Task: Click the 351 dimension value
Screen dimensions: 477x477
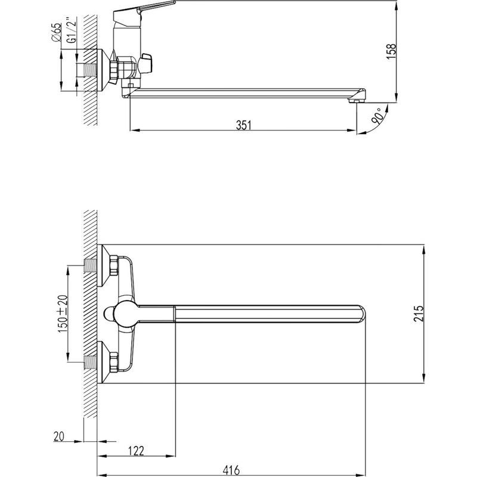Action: coord(244,125)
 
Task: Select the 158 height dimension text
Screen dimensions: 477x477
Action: coord(391,51)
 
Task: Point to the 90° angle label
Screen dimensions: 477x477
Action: coord(377,116)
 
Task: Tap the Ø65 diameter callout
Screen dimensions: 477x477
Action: coord(57,32)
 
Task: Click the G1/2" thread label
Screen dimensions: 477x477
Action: coord(72,31)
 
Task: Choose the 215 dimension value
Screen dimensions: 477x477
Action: coord(419,314)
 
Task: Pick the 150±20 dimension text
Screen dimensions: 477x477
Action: coord(63,314)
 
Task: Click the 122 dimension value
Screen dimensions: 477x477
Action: coord(136,451)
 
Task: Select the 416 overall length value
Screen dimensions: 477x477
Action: coord(231,470)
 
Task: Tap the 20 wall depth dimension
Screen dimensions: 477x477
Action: coord(59,436)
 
